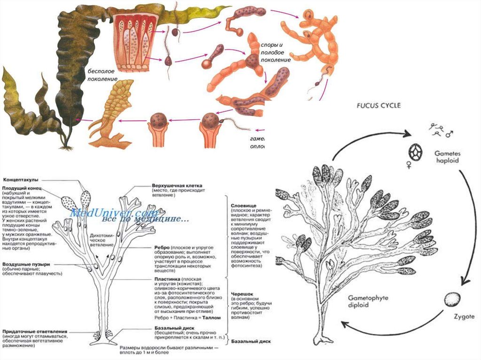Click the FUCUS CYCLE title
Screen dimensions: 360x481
[x=374, y=106]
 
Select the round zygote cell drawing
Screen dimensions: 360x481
[x=452, y=299]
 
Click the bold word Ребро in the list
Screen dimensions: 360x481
[x=163, y=247]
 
